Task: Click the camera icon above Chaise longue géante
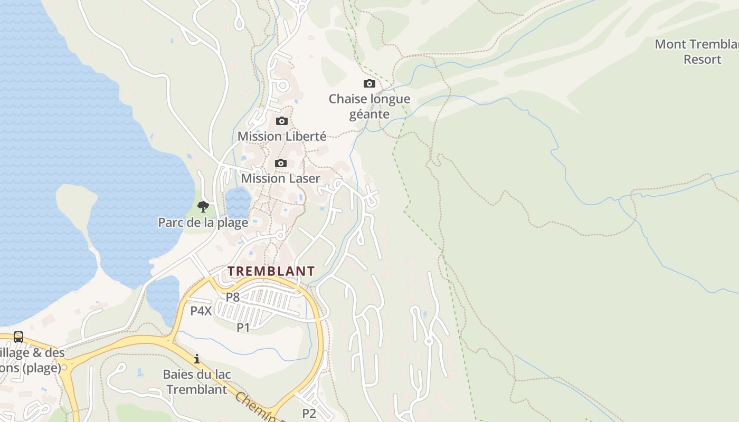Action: point(369,83)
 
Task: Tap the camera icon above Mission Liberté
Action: point(282,121)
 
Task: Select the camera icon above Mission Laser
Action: point(281,163)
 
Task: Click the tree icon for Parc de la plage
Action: point(203,206)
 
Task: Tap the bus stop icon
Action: point(18,337)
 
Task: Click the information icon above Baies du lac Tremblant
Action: point(197,359)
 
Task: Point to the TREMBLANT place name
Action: point(271,271)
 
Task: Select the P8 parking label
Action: point(233,297)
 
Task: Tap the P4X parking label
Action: point(201,311)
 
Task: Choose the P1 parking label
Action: point(243,328)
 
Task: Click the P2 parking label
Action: point(309,413)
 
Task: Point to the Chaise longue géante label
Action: point(369,107)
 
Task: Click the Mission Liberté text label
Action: point(282,136)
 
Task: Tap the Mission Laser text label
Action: point(280,178)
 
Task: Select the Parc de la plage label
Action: point(203,222)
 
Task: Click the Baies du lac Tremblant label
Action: point(197,382)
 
